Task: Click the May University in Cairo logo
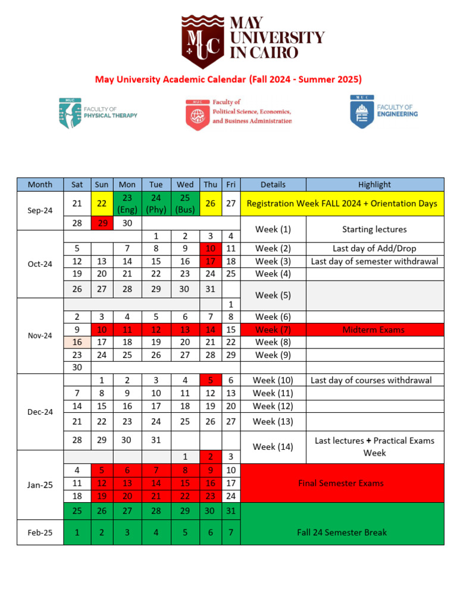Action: tap(253, 38)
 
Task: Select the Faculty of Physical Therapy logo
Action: tap(98, 113)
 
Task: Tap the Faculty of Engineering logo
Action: tap(384, 111)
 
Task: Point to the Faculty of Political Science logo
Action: tap(239, 113)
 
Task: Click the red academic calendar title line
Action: tap(228, 79)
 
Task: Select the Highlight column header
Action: tap(374, 185)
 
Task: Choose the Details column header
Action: tap(273, 185)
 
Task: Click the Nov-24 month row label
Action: tap(40, 335)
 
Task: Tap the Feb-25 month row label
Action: tap(40, 532)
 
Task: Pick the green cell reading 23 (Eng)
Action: tap(127, 204)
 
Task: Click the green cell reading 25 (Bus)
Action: tap(185, 204)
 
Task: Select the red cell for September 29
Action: tap(102, 223)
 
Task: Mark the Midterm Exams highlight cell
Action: tap(374, 329)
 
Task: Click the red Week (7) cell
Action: tap(273, 329)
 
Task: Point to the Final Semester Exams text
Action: tap(341, 483)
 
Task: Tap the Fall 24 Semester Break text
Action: tap(342, 532)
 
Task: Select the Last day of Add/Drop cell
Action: tap(374, 248)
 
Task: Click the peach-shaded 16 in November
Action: tap(77, 342)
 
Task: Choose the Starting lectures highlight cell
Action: tap(374, 229)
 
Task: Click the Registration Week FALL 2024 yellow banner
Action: tap(342, 204)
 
